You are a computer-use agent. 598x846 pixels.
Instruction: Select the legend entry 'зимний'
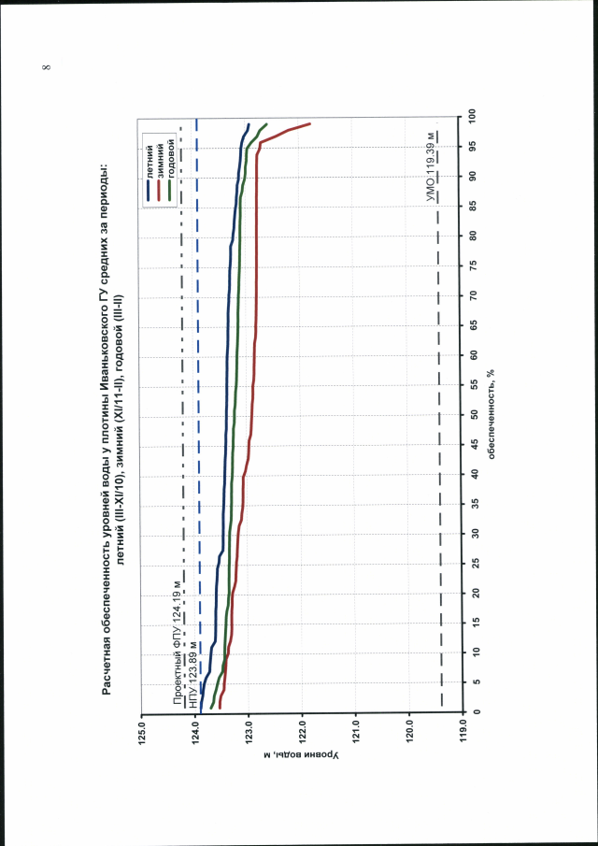coord(160,151)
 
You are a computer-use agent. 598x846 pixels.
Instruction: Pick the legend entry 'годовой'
coord(171,150)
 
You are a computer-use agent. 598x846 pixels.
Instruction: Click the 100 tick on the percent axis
coord(475,116)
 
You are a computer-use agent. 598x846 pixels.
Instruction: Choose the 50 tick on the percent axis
coord(475,414)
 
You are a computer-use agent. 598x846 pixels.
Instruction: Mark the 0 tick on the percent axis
coord(475,712)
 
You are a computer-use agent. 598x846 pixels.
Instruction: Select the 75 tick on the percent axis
coord(475,265)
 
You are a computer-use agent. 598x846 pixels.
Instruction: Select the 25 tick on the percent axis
coord(475,563)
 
